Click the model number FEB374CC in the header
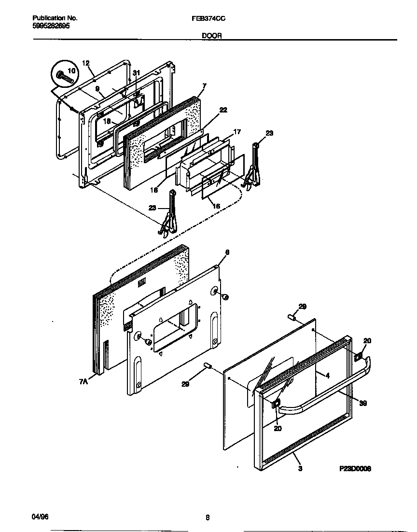tap(206, 18)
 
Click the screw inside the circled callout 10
tap(61, 76)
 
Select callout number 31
tap(136, 73)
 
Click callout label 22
tap(222, 110)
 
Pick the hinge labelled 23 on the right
tap(253, 167)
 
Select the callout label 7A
tap(83, 381)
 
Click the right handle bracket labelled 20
tap(359, 356)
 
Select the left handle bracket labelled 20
tap(276, 405)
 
